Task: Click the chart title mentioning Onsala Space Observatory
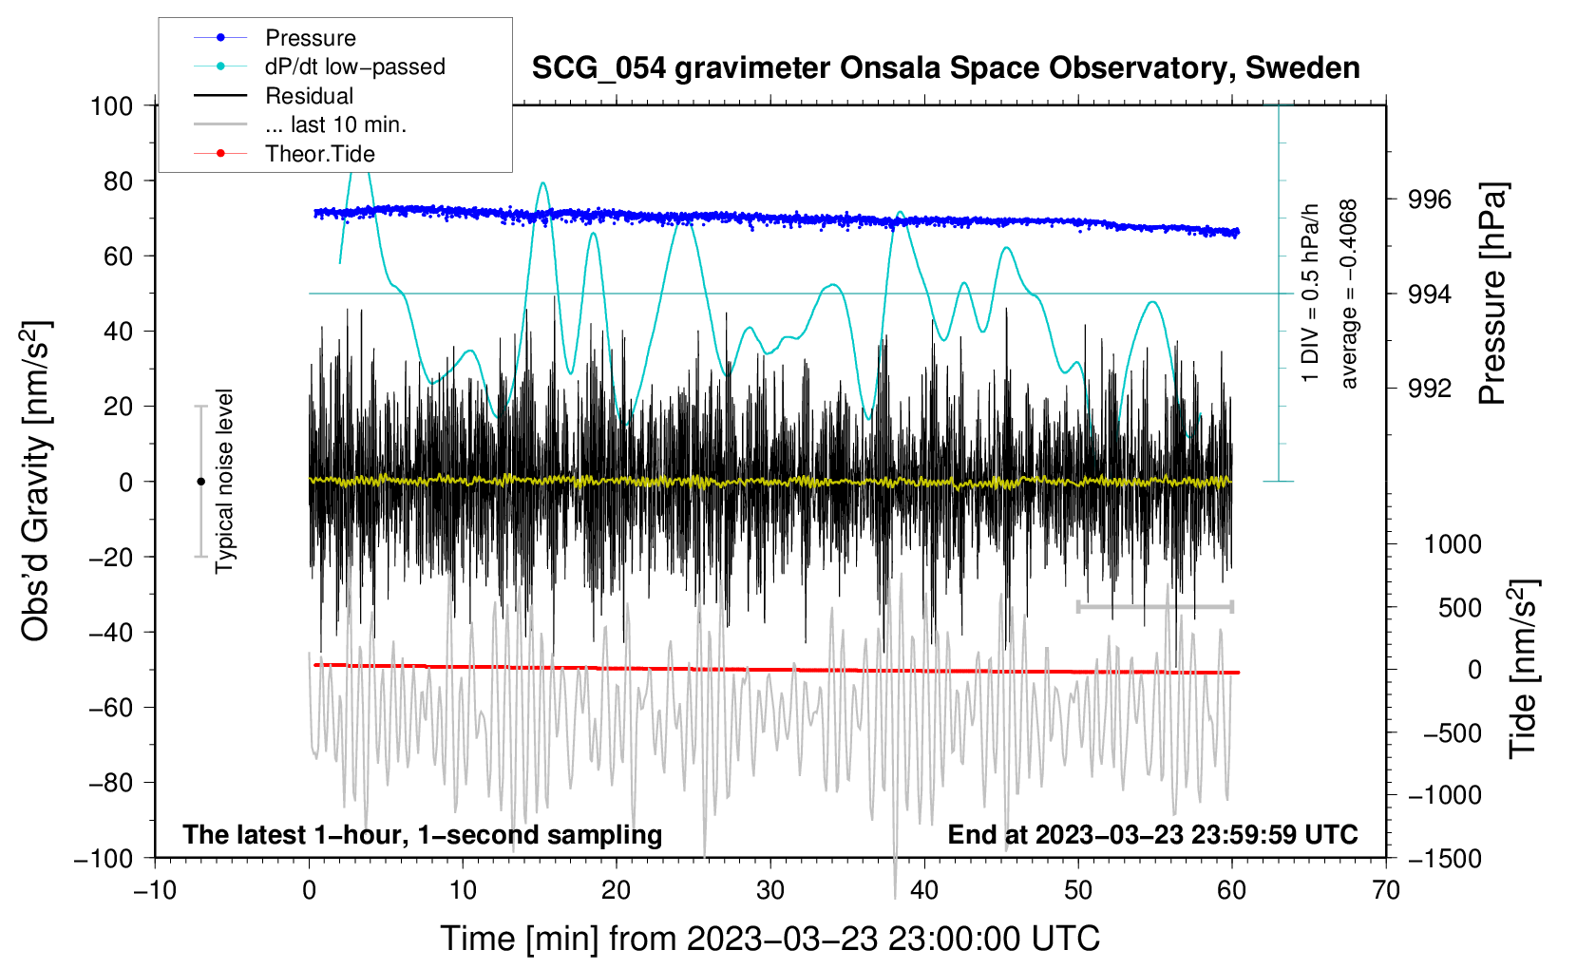pos(945,68)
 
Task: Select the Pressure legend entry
pos(310,38)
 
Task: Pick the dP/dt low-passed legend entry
pos(354,66)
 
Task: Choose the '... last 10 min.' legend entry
pos(335,124)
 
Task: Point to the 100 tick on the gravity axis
pos(111,105)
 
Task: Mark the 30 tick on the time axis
pos(770,890)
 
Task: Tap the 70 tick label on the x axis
pos(1386,890)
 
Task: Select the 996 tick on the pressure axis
pos(1430,199)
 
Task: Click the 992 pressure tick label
pos(1430,388)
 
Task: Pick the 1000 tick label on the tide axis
pos(1452,544)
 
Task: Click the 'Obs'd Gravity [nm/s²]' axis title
pos(36,481)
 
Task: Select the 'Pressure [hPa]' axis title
pos(1492,294)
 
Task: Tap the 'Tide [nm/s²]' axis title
pos(1523,669)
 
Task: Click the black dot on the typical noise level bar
pos(200,482)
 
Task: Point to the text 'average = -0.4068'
pos(1349,294)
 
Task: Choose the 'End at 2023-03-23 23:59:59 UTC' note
pos(1152,835)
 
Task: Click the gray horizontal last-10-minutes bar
pos(1154,606)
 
